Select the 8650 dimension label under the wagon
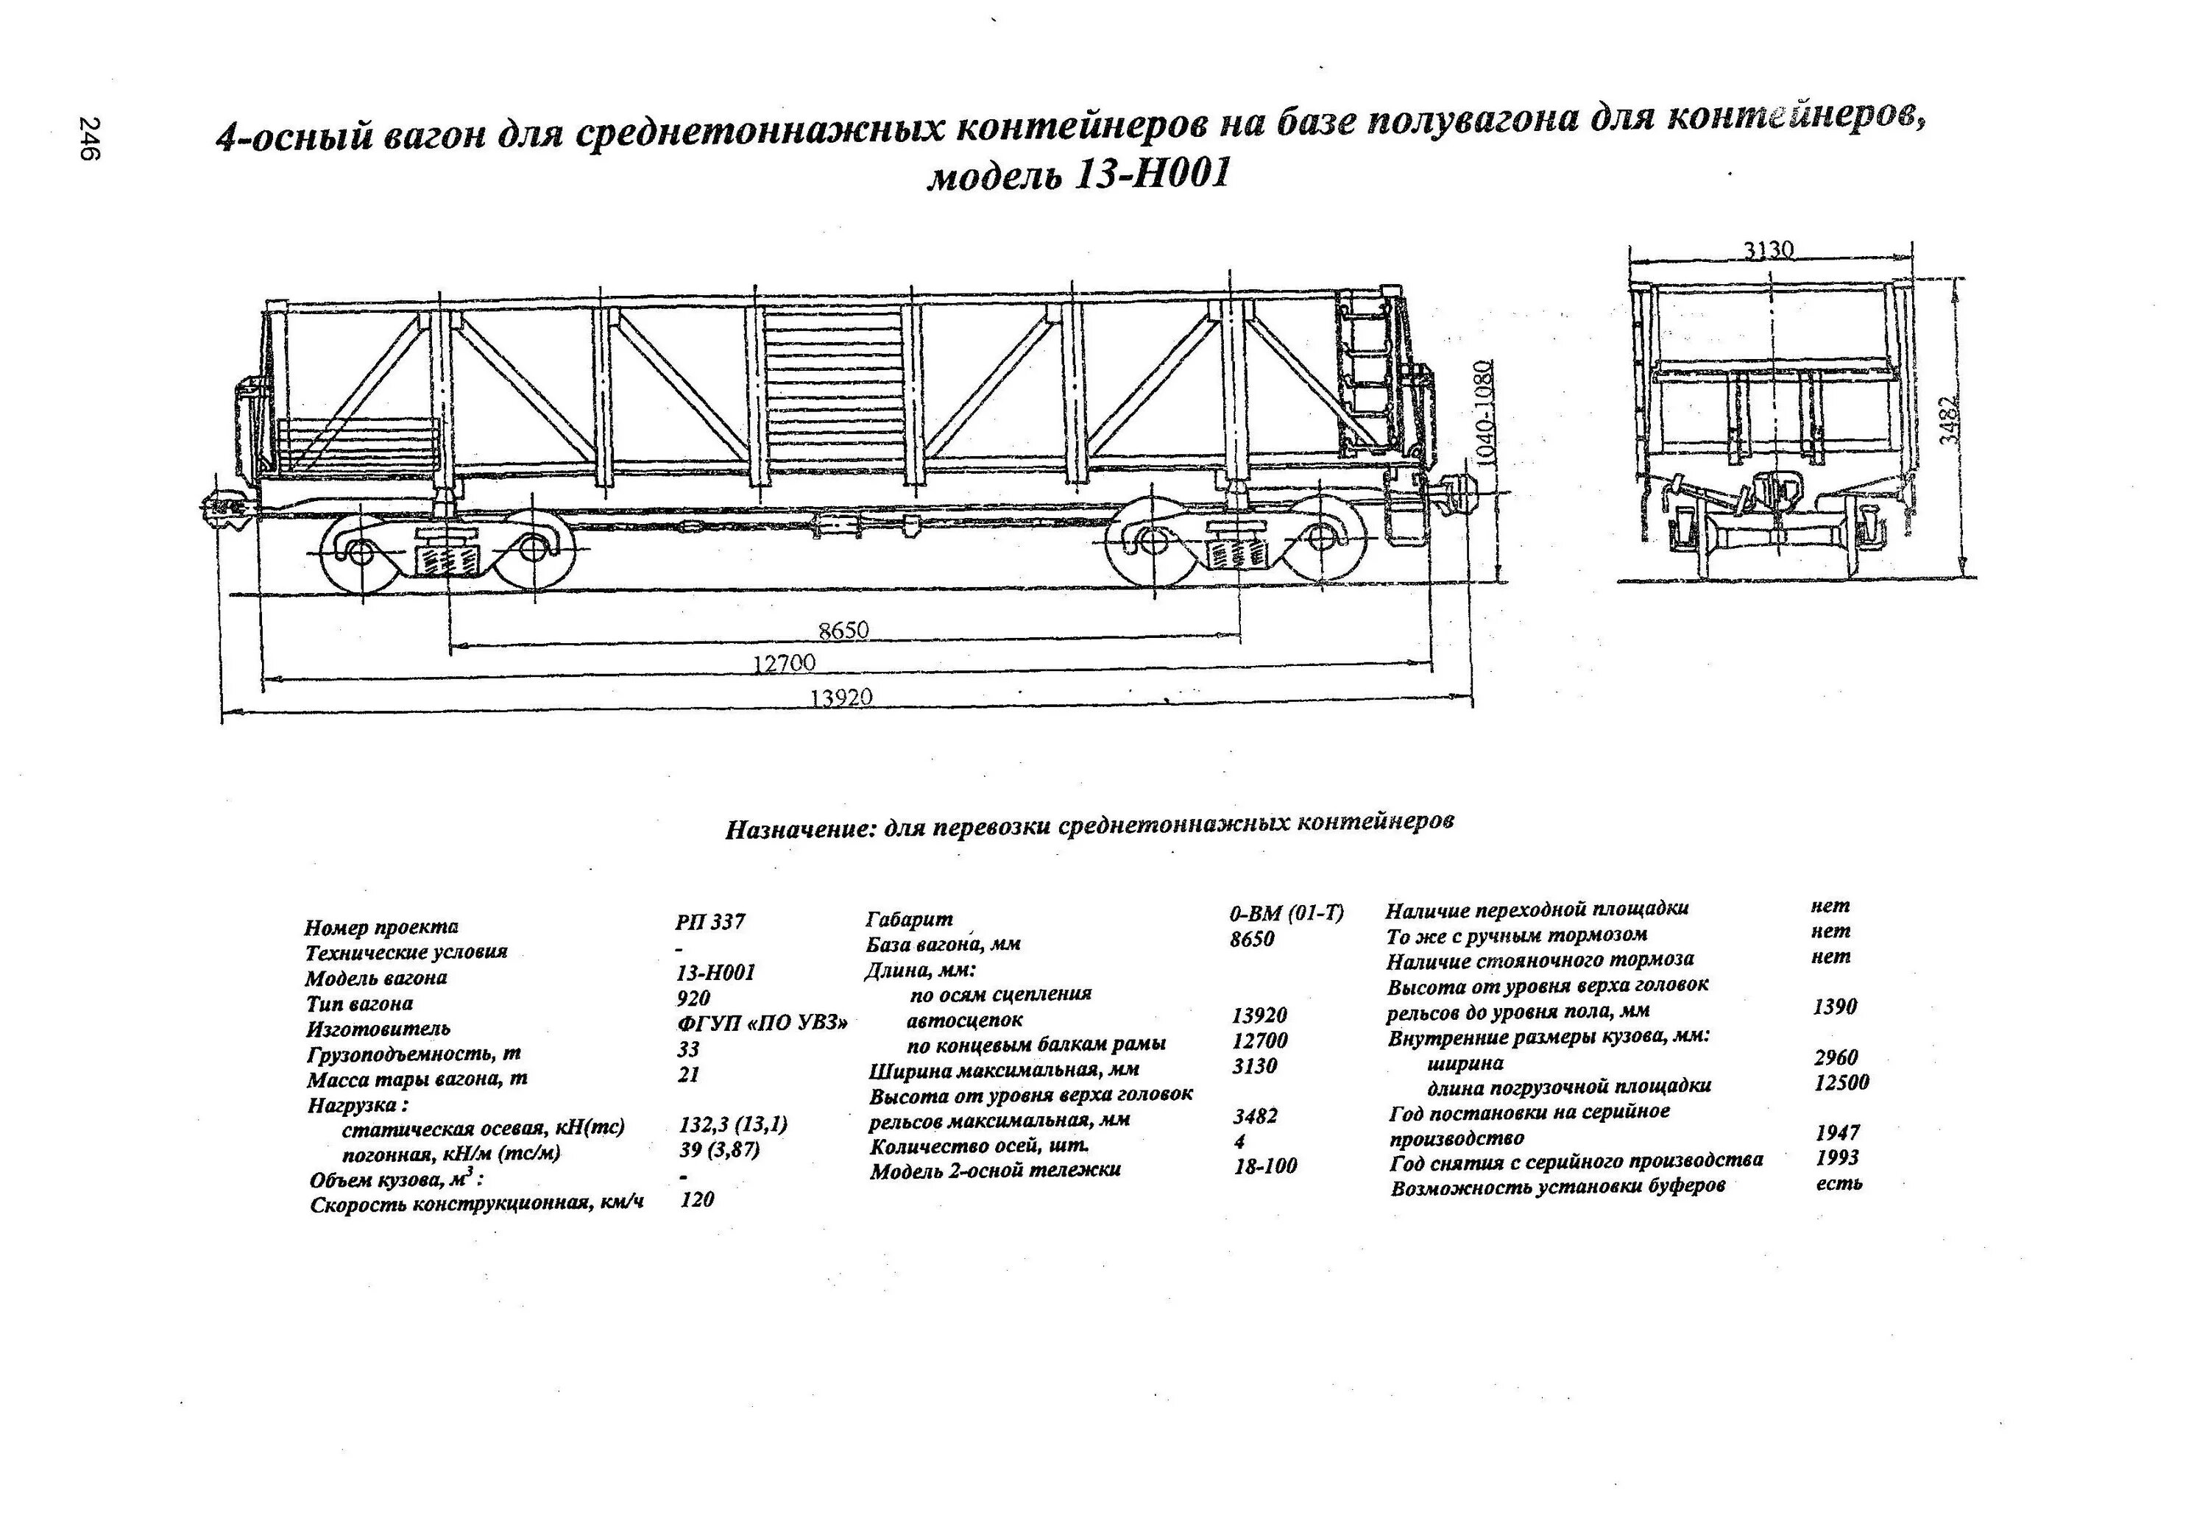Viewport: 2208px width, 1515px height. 843,631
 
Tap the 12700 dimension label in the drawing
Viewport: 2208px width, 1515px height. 784,663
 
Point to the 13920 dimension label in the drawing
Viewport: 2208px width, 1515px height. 841,698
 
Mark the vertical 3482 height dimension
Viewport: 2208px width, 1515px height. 1949,420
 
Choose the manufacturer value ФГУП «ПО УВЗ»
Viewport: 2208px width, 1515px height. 762,1023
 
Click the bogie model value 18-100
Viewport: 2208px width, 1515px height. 1265,1166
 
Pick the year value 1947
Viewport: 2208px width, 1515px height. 1836,1132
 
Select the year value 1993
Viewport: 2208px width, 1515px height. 1836,1158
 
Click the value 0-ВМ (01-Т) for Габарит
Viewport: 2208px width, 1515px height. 1287,914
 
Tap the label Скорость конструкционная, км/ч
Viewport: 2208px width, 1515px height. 477,1204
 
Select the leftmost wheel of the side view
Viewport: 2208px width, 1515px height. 361,553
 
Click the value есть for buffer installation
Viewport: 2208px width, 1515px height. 1839,1183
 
